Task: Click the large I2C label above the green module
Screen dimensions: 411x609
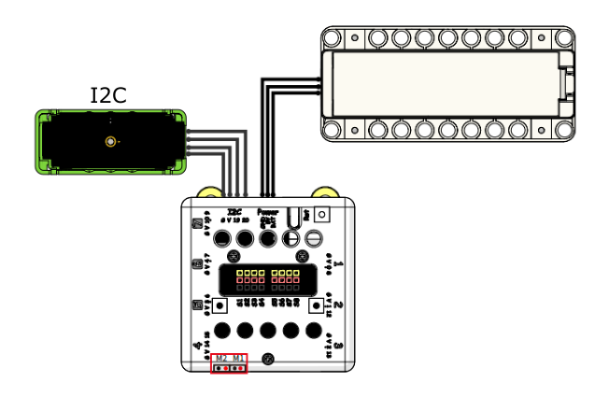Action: coord(107,95)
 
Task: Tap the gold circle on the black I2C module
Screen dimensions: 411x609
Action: coord(111,142)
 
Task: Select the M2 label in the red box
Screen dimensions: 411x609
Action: coord(221,359)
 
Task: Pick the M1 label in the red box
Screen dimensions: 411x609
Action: coord(239,359)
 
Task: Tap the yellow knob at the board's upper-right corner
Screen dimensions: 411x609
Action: coord(324,193)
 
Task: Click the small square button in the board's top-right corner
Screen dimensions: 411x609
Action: coord(322,214)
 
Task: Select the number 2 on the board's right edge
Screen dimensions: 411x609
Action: coord(338,305)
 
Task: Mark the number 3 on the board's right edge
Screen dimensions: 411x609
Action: coord(338,346)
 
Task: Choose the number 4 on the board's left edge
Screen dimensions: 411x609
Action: coord(196,346)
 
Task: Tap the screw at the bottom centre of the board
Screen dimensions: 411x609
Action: coord(269,360)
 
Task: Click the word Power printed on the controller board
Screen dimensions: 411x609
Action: coord(267,213)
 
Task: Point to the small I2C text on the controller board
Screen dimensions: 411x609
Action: coord(234,213)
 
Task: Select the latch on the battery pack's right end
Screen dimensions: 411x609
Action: coord(566,84)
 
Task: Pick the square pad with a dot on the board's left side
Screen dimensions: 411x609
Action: coord(220,305)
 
